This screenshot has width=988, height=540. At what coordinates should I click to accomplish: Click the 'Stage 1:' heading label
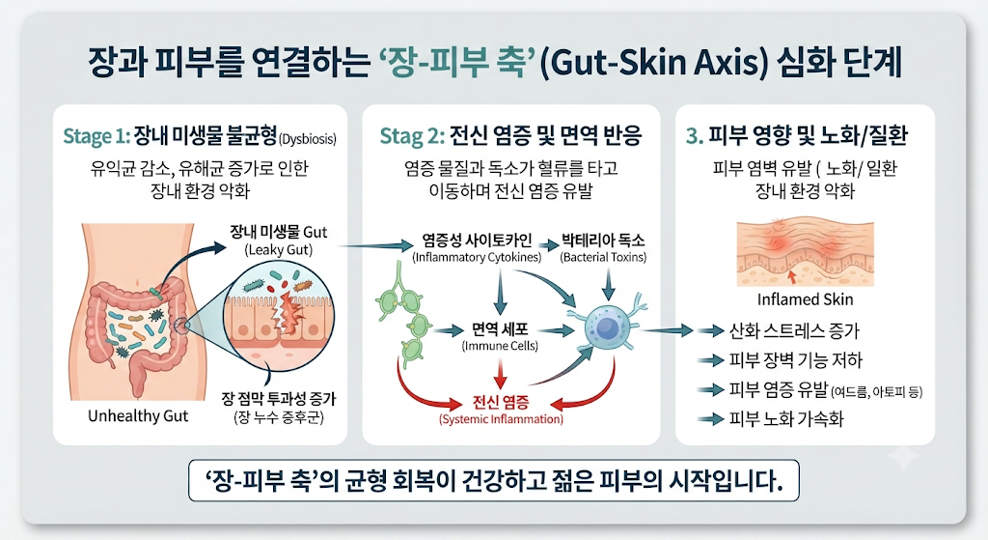(x=96, y=136)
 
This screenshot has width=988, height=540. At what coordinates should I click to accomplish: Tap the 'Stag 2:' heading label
(x=412, y=136)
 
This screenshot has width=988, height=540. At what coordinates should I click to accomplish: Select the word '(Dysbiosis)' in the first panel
(x=308, y=139)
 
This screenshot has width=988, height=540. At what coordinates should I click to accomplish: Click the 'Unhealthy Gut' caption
(x=138, y=416)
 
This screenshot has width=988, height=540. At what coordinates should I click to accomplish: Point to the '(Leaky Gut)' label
(x=279, y=250)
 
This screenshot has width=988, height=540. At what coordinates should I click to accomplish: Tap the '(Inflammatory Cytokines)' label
(x=477, y=257)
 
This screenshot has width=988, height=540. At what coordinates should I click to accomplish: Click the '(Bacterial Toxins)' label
(x=603, y=257)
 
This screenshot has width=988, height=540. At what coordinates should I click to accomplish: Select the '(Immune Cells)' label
(x=501, y=346)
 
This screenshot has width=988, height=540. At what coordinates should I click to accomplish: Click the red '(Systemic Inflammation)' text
(x=501, y=419)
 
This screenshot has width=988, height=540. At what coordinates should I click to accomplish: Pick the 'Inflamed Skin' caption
(x=806, y=299)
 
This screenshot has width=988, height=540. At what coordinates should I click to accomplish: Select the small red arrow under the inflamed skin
(x=792, y=275)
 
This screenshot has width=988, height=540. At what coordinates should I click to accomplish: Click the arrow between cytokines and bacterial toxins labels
(x=551, y=243)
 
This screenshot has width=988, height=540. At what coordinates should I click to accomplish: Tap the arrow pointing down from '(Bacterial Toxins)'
(x=608, y=283)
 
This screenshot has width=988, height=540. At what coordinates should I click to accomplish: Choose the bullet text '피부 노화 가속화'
(x=785, y=419)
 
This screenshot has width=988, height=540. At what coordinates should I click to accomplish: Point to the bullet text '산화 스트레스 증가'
(x=794, y=330)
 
